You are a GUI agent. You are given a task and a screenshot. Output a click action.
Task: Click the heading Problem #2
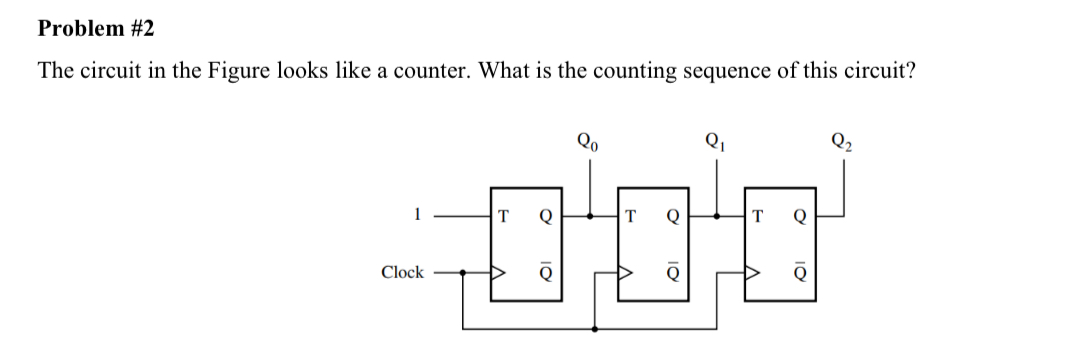[x=96, y=29]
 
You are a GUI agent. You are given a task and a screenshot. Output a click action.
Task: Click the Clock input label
[x=402, y=272]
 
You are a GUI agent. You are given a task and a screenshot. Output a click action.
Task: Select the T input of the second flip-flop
[x=631, y=214]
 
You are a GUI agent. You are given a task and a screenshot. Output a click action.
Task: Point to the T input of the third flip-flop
[x=759, y=214]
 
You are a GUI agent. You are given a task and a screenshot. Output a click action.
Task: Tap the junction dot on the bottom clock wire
[x=595, y=328]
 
